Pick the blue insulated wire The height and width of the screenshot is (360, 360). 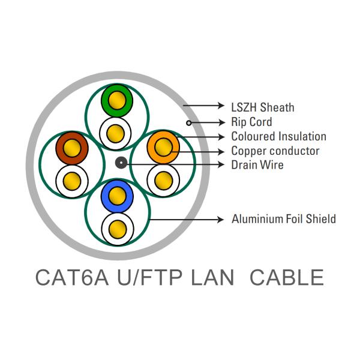tap(117, 196)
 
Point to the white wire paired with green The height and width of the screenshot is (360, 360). tap(117, 131)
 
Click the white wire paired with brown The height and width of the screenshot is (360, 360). tap(72, 179)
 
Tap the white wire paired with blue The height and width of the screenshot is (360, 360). tap(117, 228)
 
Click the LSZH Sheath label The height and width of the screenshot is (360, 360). tap(262, 107)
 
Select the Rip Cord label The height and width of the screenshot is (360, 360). tap(251, 122)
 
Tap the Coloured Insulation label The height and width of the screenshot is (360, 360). tap(278, 137)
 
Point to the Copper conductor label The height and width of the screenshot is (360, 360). tap(275, 151)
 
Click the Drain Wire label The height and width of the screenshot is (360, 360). tap(257, 165)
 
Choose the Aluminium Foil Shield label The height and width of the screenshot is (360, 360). tap(283, 219)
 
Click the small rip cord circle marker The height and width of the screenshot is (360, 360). tap(189, 123)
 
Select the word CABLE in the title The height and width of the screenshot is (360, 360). tap(286, 278)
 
